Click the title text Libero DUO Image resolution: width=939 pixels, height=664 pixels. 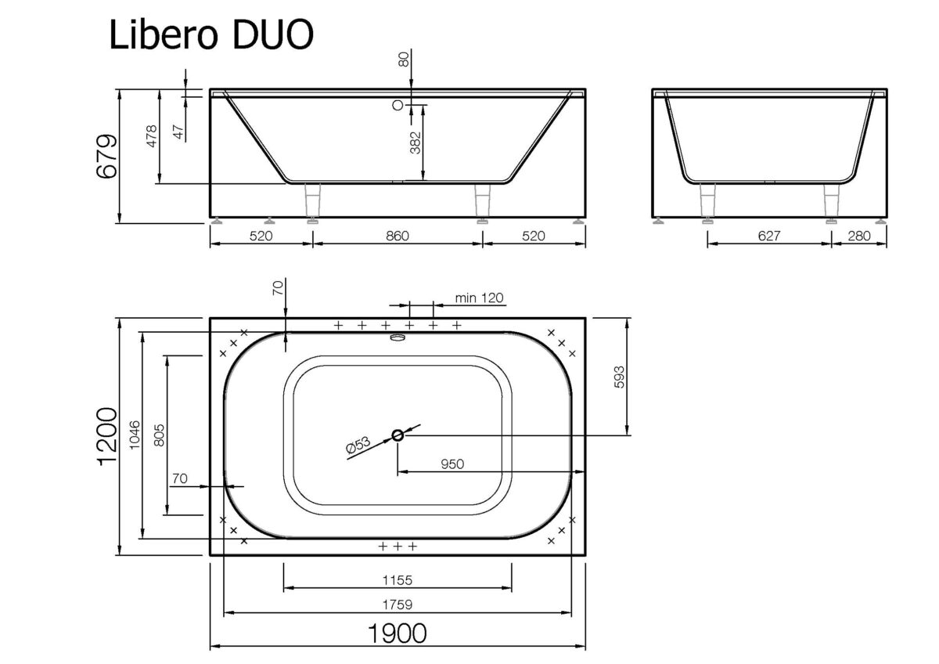tap(211, 35)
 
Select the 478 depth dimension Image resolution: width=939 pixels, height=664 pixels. tap(152, 136)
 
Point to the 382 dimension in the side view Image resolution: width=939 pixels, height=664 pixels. tap(416, 143)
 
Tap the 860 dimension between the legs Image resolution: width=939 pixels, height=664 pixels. tap(398, 236)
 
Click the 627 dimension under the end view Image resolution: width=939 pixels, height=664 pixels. tap(768, 236)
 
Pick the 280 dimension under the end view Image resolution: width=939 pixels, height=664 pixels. tap(858, 236)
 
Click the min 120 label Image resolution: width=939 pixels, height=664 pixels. tap(480, 298)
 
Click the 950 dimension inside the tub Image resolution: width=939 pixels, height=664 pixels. tap(452, 464)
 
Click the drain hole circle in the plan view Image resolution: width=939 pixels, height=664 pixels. tap(398, 435)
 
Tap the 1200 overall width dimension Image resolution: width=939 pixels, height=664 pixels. tap(107, 437)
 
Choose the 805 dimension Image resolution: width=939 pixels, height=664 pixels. tap(159, 435)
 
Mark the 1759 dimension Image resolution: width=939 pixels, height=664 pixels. tap(398, 604)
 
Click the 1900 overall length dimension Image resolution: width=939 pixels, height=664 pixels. tap(398, 633)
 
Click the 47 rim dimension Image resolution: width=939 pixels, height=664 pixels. tap(178, 132)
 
